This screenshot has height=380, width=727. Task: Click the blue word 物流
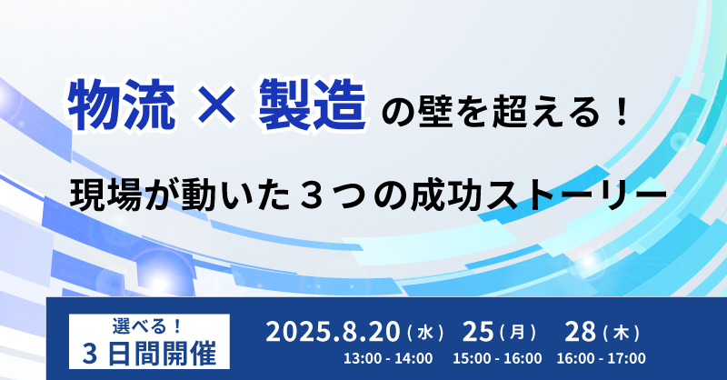pyautogui.click(x=122, y=105)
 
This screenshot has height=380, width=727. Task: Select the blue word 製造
pyautogui.click(x=312, y=105)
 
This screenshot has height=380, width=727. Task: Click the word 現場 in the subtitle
pyautogui.click(x=105, y=195)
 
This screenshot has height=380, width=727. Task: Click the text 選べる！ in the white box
pyautogui.click(x=147, y=326)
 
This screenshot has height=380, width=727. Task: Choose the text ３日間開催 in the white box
pyautogui.click(x=149, y=355)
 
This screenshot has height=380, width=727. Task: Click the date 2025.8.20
pyautogui.click(x=333, y=332)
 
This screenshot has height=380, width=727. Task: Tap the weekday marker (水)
pyautogui.click(x=425, y=333)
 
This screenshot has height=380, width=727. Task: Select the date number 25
pyautogui.click(x=478, y=332)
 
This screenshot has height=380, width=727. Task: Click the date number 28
pyautogui.click(x=580, y=332)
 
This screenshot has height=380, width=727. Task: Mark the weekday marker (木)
pyautogui.click(x=622, y=333)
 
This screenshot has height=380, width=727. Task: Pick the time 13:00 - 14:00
pyautogui.click(x=388, y=359)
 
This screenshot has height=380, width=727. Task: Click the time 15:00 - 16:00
pyautogui.click(x=497, y=359)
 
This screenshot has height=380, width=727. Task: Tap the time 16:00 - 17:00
pyautogui.click(x=602, y=359)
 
